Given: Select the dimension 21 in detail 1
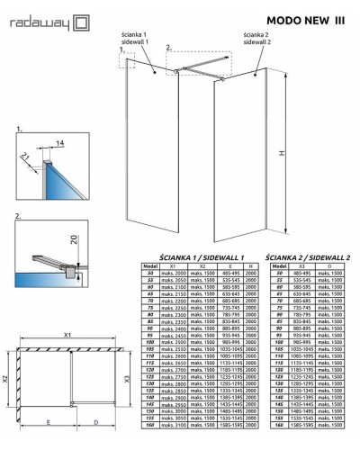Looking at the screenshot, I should (22, 157).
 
